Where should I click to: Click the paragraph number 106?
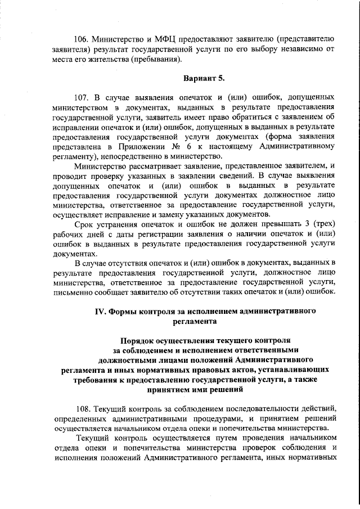pos(83,39)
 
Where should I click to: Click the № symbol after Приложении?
pos(168,146)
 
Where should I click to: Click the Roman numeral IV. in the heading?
pos(100,311)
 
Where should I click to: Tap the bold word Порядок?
pos(139,341)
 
